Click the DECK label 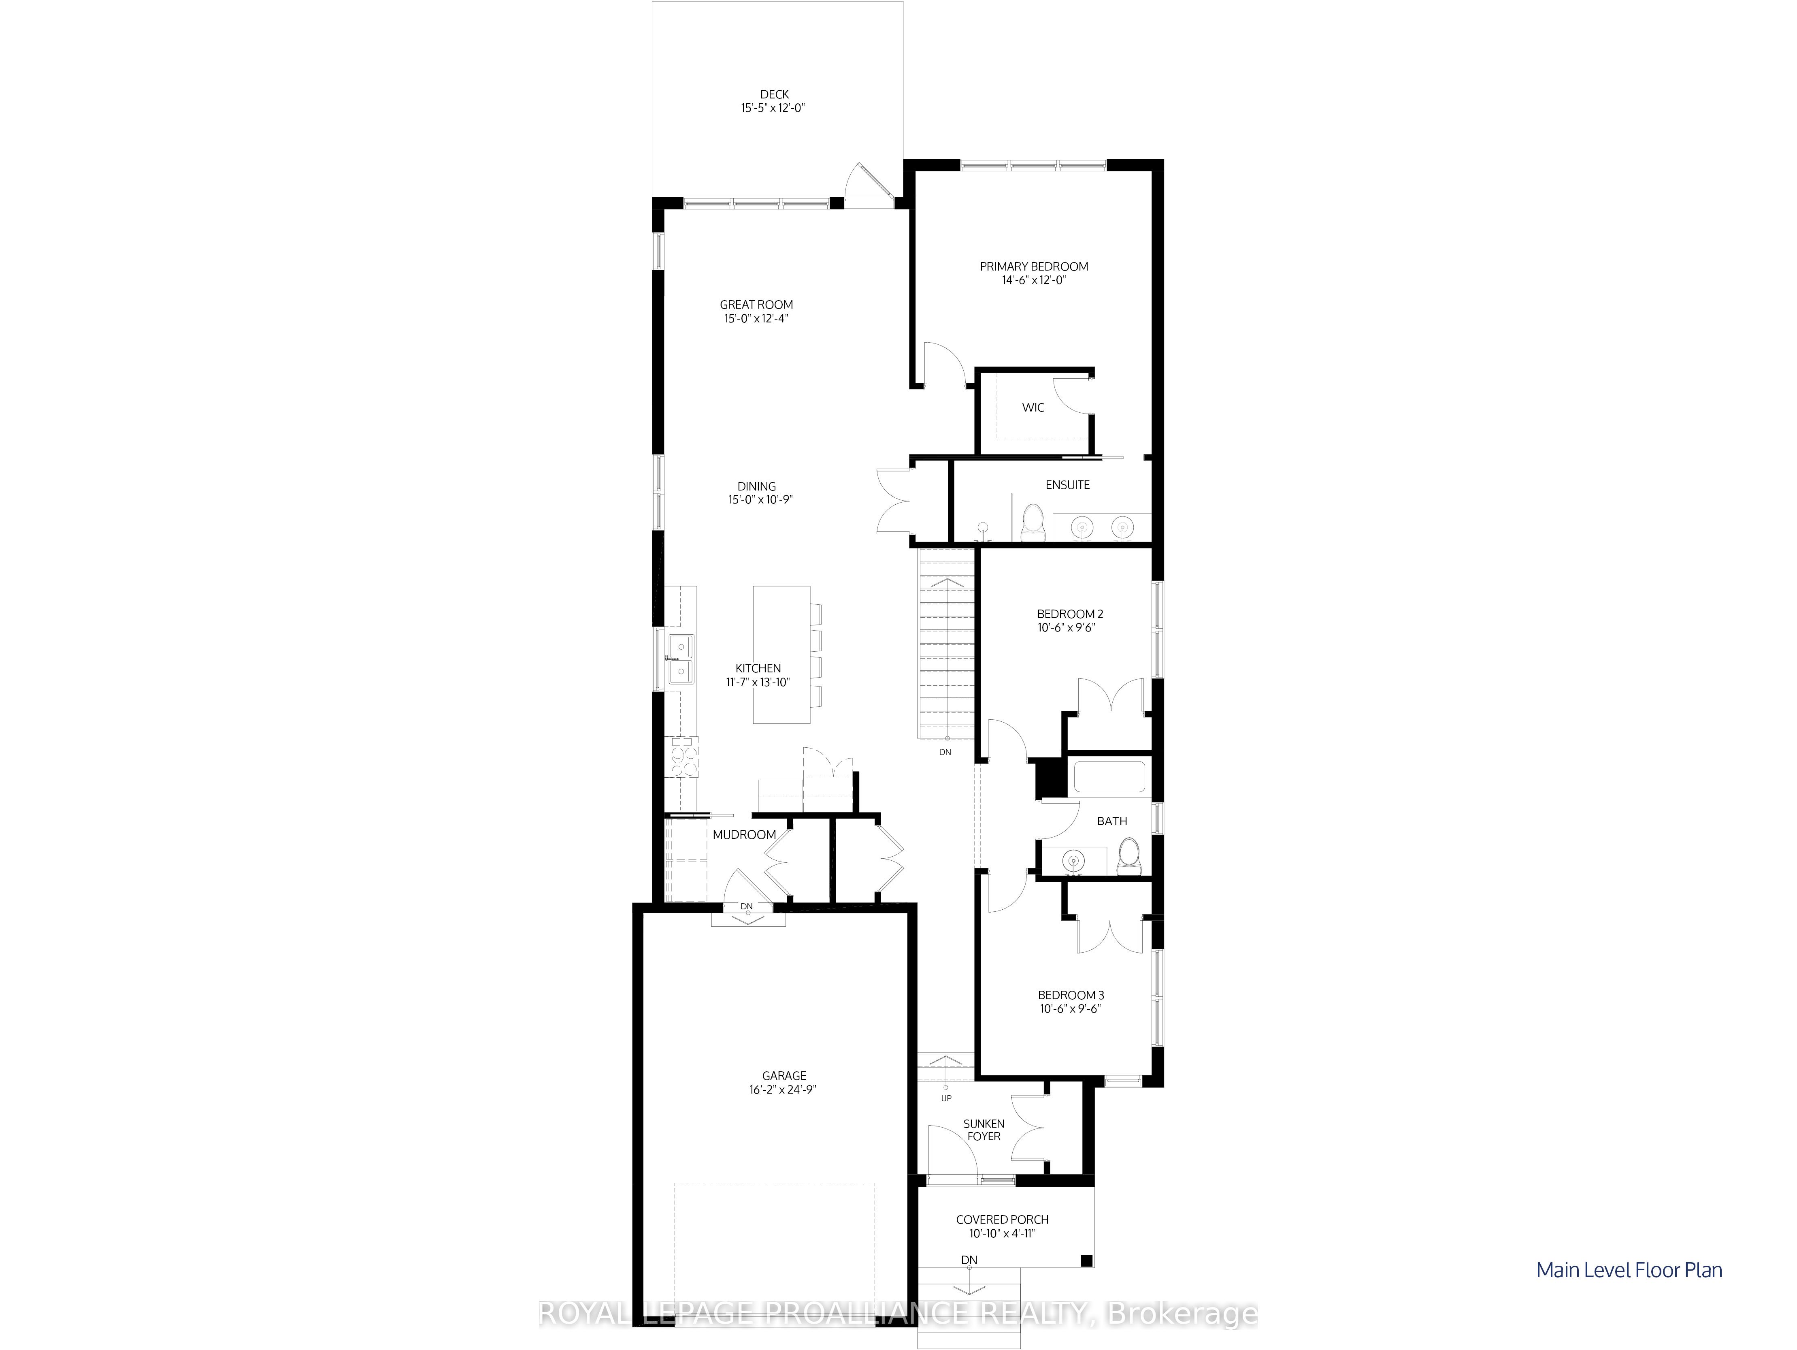tap(774, 94)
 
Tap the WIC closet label tap(1033, 407)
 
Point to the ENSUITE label tap(1067, 484)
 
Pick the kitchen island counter tap(781, 654)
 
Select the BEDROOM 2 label tap(1070, 614)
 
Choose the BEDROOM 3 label tap(1071, 995)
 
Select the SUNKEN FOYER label tap(984, 1130)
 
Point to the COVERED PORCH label tap(1002, 1219)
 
